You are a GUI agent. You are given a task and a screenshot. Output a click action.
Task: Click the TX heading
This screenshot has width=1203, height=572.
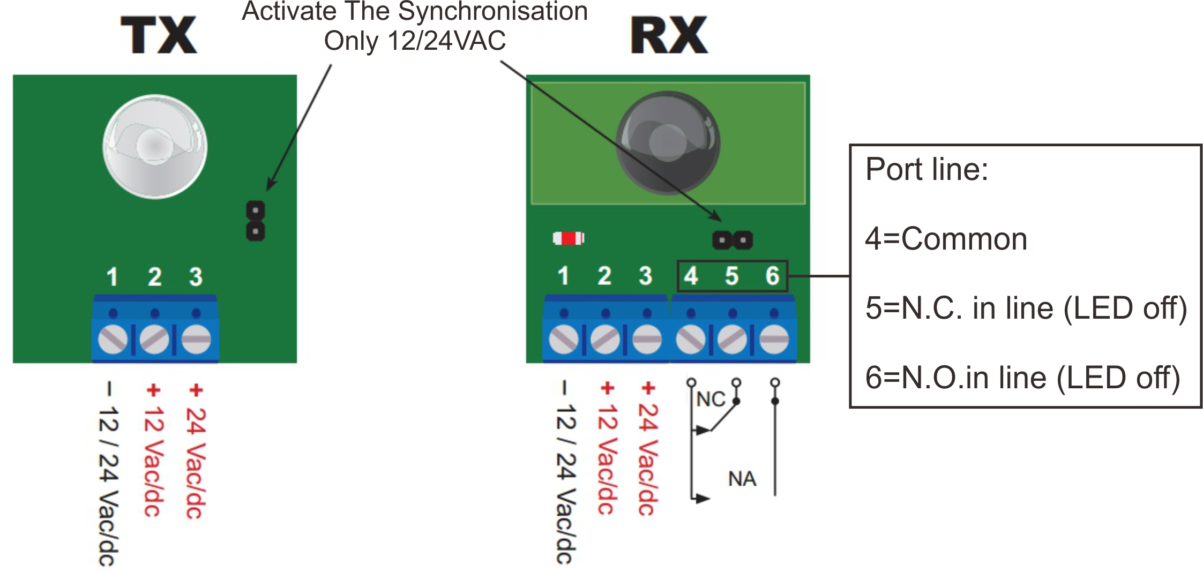coord(159,35)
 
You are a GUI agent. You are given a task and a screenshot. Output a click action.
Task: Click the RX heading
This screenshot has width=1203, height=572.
coord(669,35)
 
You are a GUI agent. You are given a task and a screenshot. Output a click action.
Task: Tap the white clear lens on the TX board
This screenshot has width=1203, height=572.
coord(154,146)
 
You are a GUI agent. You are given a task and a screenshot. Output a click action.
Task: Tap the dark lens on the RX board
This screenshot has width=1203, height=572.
coord(668,142)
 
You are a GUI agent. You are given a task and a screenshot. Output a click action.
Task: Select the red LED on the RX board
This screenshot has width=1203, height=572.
coord(569,238)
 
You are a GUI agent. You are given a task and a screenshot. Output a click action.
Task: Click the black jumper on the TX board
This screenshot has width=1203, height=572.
coord(256,221)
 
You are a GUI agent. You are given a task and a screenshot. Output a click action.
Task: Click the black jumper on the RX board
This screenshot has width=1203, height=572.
coord(733,240)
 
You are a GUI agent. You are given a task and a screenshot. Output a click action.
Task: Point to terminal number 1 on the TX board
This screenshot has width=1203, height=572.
coord(112,277)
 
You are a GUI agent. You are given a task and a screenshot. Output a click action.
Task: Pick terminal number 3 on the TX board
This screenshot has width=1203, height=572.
coord(196,277)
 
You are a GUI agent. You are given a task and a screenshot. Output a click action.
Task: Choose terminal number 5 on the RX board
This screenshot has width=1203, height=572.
coord(732,276)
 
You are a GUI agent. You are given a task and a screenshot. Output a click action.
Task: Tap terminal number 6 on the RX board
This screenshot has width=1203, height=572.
coord(772,276)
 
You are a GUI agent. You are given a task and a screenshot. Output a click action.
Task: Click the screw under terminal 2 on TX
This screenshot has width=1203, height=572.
coord(154,339)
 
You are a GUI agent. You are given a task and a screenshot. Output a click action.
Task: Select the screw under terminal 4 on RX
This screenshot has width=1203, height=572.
coord(691,339)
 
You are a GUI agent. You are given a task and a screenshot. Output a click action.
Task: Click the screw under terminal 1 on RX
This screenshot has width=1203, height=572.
coord(564,339)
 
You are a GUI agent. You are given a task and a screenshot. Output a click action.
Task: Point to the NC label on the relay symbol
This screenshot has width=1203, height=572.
coord(711,400)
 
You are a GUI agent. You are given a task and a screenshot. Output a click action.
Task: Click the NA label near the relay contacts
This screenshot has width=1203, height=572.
coord(742,479)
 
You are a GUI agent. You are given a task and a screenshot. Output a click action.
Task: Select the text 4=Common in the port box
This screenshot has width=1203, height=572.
coord(946,239)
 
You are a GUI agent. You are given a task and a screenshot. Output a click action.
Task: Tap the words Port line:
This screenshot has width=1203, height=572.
coord(927,169)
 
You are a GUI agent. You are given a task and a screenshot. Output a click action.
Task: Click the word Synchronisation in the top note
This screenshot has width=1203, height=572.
coord(493,12)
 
